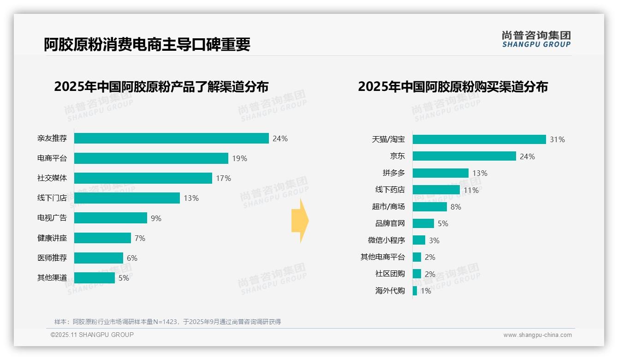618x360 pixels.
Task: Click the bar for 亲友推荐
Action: [171, 138]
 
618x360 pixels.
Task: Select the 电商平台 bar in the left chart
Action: [151, 158]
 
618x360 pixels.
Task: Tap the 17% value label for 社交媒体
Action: [224, 178]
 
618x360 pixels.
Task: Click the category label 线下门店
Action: [52, 198]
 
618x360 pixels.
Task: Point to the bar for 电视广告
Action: [110, 218]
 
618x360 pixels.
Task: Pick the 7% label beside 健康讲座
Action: [140, 238]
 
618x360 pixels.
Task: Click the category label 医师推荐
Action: [52, 258]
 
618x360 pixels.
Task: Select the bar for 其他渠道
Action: [94, 278]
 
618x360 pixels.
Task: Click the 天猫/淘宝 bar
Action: [479, 139]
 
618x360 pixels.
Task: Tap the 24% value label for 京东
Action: [527, 156]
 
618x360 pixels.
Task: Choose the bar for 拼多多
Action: [440, 173]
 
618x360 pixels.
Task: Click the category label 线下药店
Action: [390, 190]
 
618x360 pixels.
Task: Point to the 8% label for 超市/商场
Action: [456, 207]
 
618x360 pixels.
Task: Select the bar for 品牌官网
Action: [423, 223]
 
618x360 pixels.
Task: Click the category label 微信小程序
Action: [386, 240]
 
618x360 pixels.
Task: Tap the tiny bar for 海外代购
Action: [415, 291]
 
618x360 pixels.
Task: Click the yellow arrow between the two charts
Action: [300, 221]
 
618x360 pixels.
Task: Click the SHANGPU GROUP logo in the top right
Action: [536, 39]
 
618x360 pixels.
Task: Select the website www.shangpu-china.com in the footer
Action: [537, 335]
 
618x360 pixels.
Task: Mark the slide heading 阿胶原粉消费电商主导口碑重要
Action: [147, 44]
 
